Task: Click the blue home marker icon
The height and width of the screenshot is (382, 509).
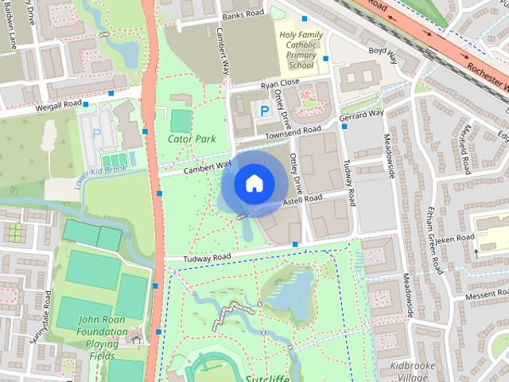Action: point(254,183)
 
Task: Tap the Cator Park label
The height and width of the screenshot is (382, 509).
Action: point(192,138)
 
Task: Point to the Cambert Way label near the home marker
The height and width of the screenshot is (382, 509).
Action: point(207,167)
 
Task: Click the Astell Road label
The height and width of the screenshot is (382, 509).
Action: point(302,201)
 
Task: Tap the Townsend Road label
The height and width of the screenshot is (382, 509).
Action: point(293,132)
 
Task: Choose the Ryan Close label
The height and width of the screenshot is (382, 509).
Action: point(279,83)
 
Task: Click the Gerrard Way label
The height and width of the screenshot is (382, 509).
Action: point(361,116)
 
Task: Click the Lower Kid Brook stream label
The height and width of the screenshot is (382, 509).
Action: point(97,170)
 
